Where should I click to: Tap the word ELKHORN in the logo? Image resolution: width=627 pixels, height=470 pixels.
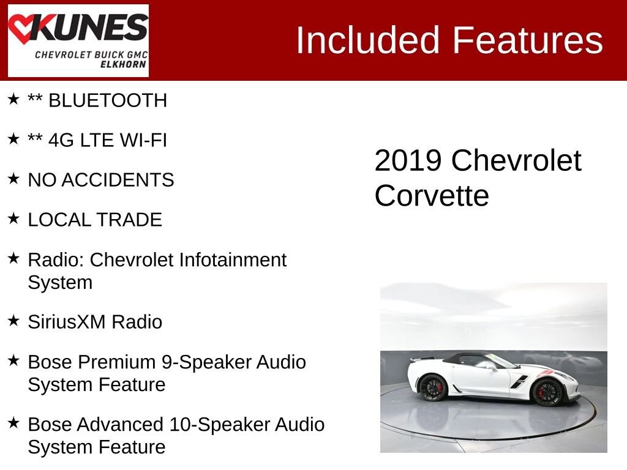click(x=123, y=64)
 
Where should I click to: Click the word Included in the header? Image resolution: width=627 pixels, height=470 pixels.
click(x=368, y=40)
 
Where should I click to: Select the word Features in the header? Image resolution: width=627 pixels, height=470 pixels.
click(x=528, y=40)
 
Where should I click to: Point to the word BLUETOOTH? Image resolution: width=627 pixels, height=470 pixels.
click(x=108, y=100)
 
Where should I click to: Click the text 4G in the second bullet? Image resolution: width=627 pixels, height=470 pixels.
click(x=61, y=140)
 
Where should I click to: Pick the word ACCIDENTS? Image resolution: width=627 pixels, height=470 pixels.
click(x=118, y=180)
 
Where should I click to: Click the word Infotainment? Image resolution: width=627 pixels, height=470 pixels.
click(x=233, y=259)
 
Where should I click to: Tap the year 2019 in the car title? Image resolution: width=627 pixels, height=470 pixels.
click(x=408, y=161)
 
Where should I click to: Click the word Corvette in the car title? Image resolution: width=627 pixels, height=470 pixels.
click(x=432, y=196)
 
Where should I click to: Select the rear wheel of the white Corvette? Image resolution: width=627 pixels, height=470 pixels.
click(x=433, y=387)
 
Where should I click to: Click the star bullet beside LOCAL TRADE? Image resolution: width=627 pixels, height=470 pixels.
click(x=13, y=218)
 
